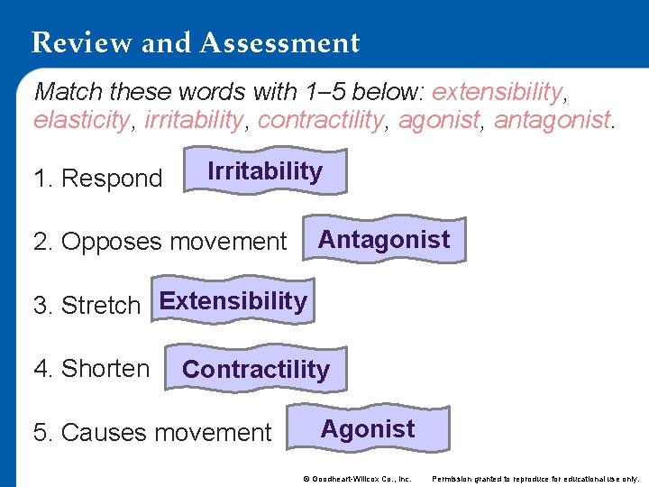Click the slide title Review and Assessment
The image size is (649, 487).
[x=195, y=42]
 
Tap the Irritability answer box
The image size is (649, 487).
[x=265, y=171]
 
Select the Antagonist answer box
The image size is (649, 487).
[x=384, y=240]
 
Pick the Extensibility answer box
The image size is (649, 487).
[x=233, y=301]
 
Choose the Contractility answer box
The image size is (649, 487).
[x=256, y=369]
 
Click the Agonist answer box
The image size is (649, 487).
[x=368, y=429]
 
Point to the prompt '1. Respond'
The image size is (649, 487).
[x=97, y=179]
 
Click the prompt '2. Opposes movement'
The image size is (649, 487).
[x=160, y=242]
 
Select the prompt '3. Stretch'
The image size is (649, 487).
[x=87, y=306]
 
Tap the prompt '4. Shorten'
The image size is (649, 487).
[x=91, y=369]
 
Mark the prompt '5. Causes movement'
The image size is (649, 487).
[x=151, y=433]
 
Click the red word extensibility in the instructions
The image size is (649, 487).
[x=497, y=92]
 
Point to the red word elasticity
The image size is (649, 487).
[x=81, y=120]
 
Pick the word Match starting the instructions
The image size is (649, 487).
[x=69, y=92]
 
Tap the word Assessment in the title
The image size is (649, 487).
[x=281, y=42]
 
